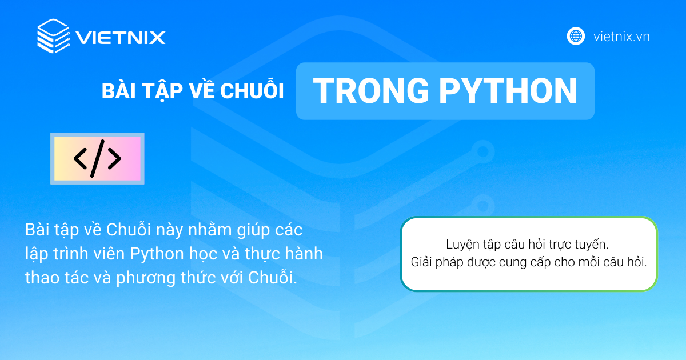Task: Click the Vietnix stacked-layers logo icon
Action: (x=53, y=36)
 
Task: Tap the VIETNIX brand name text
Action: (x=121, y=38)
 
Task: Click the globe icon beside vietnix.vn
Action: (x=576, y=36)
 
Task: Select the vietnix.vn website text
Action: (x=621, y=37)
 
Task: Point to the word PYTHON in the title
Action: (x=508, y=91)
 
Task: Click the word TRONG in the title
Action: (x=371, y=91)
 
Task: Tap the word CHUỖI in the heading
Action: (x=252, y=90)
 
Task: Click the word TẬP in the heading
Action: (x=162, y=91)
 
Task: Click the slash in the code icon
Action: (x=97, y=159)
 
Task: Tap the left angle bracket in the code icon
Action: (x=80, y=159)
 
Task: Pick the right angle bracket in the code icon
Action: (x=114, y=159)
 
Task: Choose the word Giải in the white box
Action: (x=421, y=262)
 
